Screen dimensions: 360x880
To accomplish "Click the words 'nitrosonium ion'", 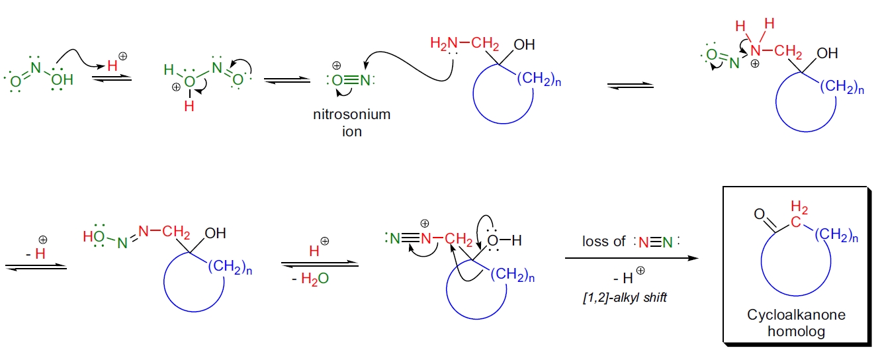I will click(351, 122).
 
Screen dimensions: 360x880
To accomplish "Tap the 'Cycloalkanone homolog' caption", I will click(796, 324).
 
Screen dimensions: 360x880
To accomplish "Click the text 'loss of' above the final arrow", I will click(604, 242).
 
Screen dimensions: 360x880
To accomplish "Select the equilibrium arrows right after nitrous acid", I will click(111, 79).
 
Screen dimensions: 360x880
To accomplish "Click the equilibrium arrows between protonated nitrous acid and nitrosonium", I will click(286, 80).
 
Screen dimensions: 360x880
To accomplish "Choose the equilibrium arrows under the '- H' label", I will click(36, 266).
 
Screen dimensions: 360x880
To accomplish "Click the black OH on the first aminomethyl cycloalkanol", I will click(524, 45).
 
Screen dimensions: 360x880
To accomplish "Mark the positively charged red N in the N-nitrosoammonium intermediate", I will click(756, 50).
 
